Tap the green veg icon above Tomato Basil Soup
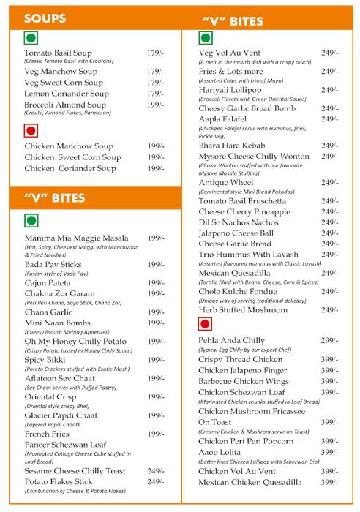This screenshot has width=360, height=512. [x=31, y=41]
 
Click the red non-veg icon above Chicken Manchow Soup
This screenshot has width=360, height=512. [x=31, y=132]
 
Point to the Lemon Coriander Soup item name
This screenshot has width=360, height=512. [x=66, y=94]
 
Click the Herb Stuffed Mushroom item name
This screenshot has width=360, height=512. [x=244, y=309]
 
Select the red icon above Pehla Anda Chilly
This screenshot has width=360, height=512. [x=206, y=323]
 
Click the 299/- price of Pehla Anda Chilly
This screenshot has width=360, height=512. [x=330, y=341]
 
